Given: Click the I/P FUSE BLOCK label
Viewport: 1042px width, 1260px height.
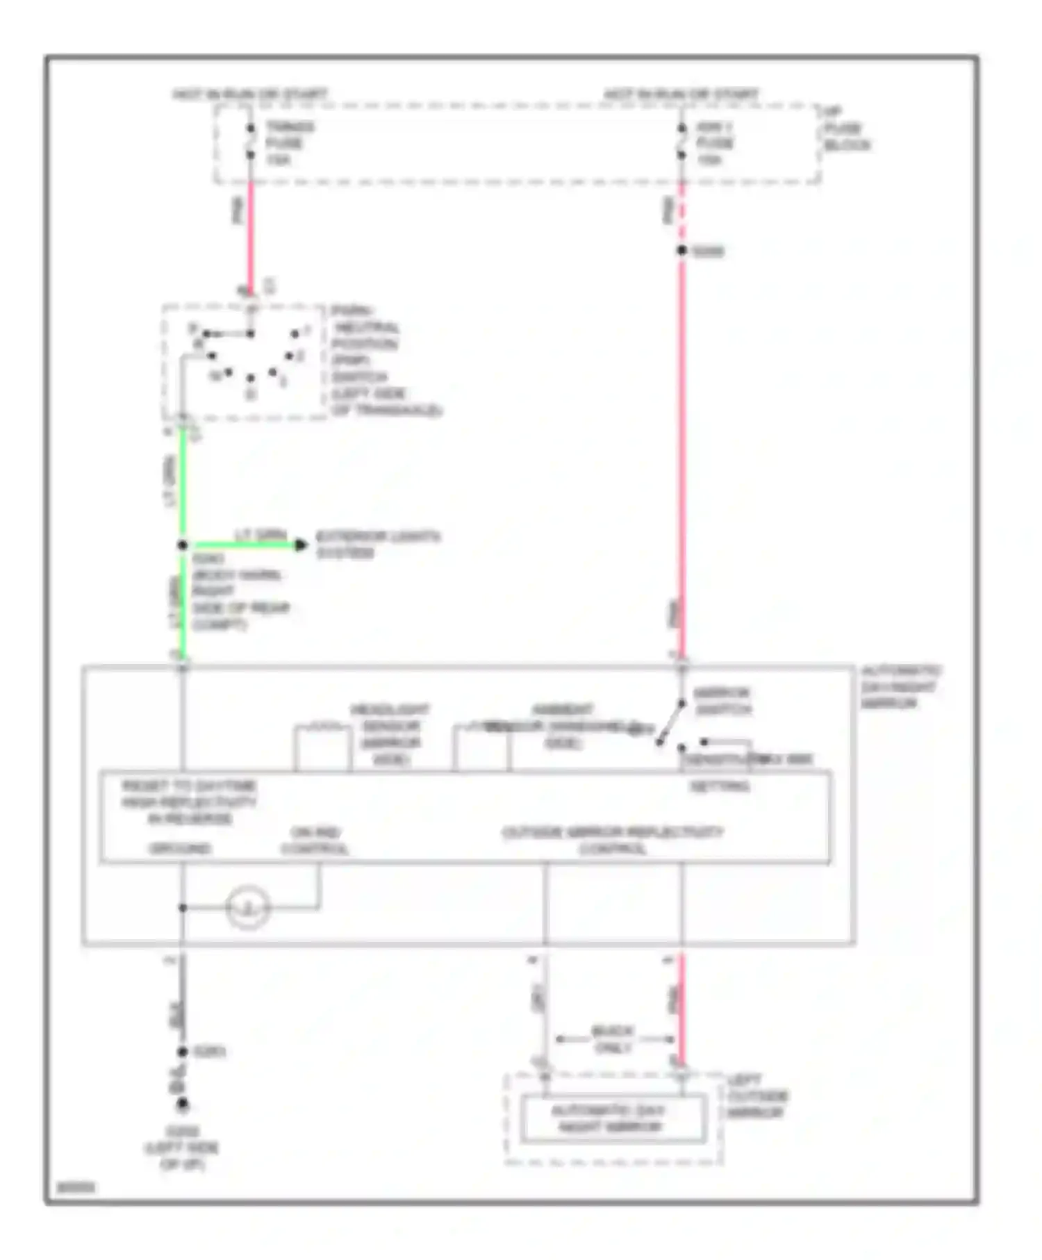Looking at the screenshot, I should click(x=846, y=129).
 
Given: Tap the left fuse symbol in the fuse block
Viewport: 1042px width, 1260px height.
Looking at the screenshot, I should click(x=251, y=142).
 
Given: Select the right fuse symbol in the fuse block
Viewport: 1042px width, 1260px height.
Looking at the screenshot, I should click(x=682, y=142).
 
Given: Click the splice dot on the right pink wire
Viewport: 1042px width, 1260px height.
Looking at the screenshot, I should click(x=682, y=250).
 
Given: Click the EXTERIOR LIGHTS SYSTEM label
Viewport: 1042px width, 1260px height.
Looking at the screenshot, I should click(x=377, y=545).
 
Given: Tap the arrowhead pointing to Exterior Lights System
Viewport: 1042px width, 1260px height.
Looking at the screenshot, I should click(x=301, y=545).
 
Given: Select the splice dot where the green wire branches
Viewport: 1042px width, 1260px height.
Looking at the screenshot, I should click(x=183, y=545).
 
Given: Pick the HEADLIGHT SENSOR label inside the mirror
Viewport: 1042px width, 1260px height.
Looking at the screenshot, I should click(x=390, y=734).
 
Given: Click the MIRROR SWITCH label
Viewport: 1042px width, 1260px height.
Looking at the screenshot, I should click(x=722, y=701).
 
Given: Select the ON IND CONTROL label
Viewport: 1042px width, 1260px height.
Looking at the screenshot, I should click(x=315, y=840).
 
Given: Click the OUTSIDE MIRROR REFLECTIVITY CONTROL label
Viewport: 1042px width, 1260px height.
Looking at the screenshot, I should click(x=612, y=840).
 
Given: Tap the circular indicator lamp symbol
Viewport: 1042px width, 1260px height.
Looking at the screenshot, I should click(x=248, y=908).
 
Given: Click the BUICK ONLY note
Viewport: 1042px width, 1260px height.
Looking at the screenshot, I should click(x=613, y=1039).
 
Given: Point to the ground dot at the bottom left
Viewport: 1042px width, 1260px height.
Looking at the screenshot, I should click(x=183, y=1104).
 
